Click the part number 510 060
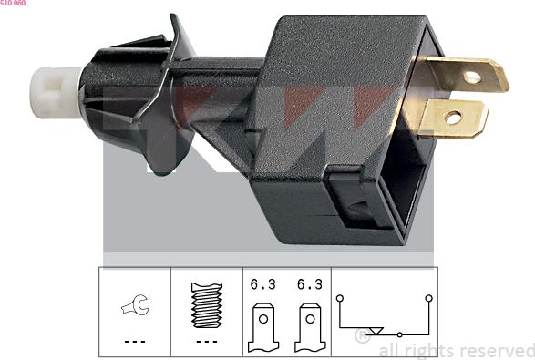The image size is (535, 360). pos(13,4)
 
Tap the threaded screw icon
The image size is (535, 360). pos(206,305)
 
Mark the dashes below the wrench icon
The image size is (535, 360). pos(134,342)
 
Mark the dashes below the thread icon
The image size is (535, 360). pos(206,342)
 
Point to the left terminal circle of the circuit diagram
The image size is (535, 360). pos(340,297)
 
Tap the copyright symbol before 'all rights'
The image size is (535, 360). pos(363,336)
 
